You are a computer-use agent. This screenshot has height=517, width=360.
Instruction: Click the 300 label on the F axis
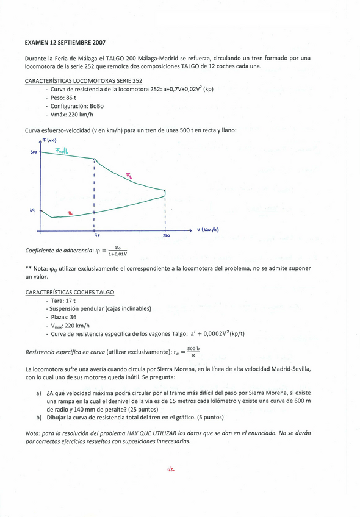(x=34, y=152)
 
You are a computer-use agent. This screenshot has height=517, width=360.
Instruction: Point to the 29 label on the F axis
(x=32, y=210)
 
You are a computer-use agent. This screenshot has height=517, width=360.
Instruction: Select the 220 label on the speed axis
(x=166, y=235)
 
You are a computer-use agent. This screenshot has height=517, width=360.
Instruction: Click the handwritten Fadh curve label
(x=62, y=150)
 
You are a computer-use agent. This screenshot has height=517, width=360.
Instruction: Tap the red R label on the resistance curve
(x=70, y=213)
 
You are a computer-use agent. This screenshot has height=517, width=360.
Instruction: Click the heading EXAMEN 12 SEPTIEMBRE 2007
(x=65, y=43)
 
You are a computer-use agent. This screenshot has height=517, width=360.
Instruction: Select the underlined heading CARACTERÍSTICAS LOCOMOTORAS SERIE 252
(x=84, y=80)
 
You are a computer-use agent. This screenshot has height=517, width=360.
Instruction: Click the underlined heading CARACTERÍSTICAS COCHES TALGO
(x=70, y=293)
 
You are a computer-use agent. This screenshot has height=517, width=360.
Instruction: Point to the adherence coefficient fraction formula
(x=117, y=251)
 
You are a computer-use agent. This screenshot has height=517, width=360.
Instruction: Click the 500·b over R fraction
(x=193, y=352)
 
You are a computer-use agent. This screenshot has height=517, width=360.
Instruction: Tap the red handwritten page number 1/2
(x=170, y=469)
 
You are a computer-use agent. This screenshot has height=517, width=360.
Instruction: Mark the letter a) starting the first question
(x=39, y=393)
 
